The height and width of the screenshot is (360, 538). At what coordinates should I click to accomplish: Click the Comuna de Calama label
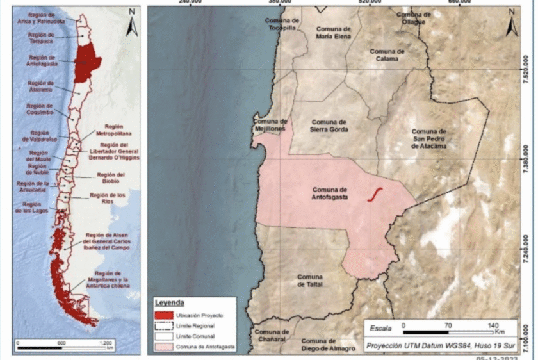tap(387, 54)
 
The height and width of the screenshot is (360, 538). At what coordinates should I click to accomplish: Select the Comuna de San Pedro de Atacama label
tap(428, 139)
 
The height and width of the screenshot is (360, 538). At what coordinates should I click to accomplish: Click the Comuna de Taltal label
tap(310, 281)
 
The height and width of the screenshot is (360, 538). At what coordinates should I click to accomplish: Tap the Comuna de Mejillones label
tap(270, 125)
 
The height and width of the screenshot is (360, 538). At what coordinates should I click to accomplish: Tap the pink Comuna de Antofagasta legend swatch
tap(165, 347)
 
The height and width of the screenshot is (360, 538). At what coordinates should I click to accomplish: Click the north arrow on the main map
tap(513, 24)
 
